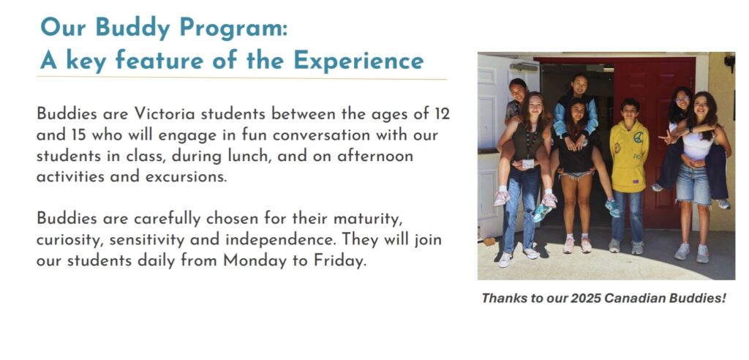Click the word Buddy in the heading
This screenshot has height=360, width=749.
coord(133,27)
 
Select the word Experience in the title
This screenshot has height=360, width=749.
coord(358,60)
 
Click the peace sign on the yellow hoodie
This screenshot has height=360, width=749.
coord(638,137)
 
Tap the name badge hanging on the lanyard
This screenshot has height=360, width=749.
coord(528,163)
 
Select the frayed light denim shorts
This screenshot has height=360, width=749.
coord(693,184)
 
